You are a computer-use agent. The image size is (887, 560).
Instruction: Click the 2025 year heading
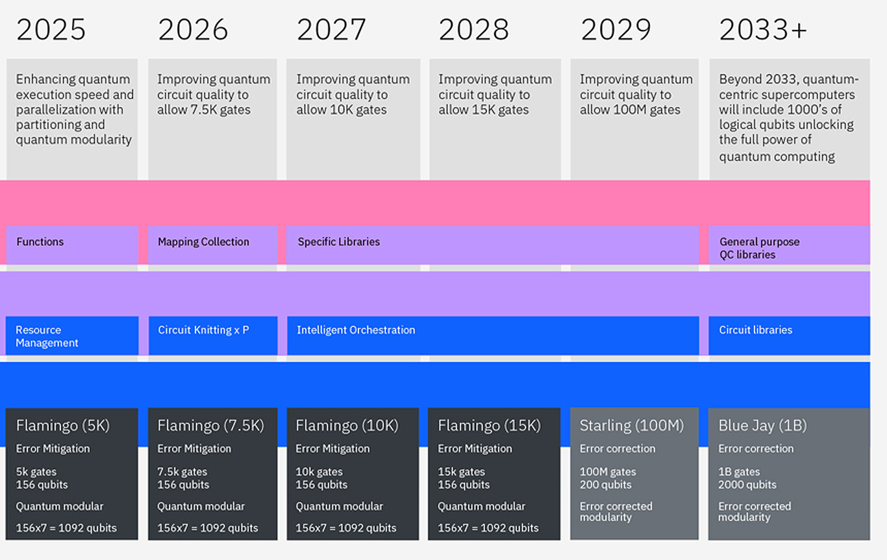(51, 30)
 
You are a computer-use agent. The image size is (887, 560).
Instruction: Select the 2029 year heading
(616, 30)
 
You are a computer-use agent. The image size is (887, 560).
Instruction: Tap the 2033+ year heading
(763, 30)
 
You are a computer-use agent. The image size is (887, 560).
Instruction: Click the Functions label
(40, 242)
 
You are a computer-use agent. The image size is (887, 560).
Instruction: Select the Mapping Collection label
(203, 242)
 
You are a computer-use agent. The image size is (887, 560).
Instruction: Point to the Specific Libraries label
(338, 242)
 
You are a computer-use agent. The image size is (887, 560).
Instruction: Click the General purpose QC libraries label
(759, 248)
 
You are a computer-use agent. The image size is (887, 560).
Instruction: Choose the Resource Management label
(47, 336)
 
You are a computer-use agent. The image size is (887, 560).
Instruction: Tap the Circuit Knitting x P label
(203, 330)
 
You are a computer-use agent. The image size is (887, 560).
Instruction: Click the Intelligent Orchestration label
(356, 330)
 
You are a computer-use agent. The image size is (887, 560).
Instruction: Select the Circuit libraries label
(755, 330)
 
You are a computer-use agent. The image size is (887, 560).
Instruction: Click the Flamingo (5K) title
(63, 426)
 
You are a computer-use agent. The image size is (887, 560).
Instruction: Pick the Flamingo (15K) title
(489, 426)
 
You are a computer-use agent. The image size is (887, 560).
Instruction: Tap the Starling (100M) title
(631, 426)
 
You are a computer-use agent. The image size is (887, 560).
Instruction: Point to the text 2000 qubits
(747, 485)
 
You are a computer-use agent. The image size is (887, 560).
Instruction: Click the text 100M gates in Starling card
(608, 472)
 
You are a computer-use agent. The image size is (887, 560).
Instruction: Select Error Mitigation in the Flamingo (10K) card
(332, 448)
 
